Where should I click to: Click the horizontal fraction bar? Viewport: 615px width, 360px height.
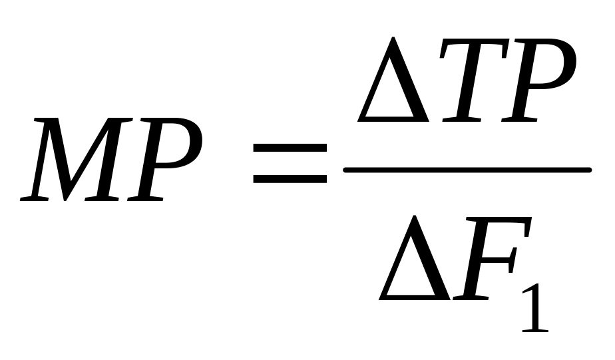point(466,170)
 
